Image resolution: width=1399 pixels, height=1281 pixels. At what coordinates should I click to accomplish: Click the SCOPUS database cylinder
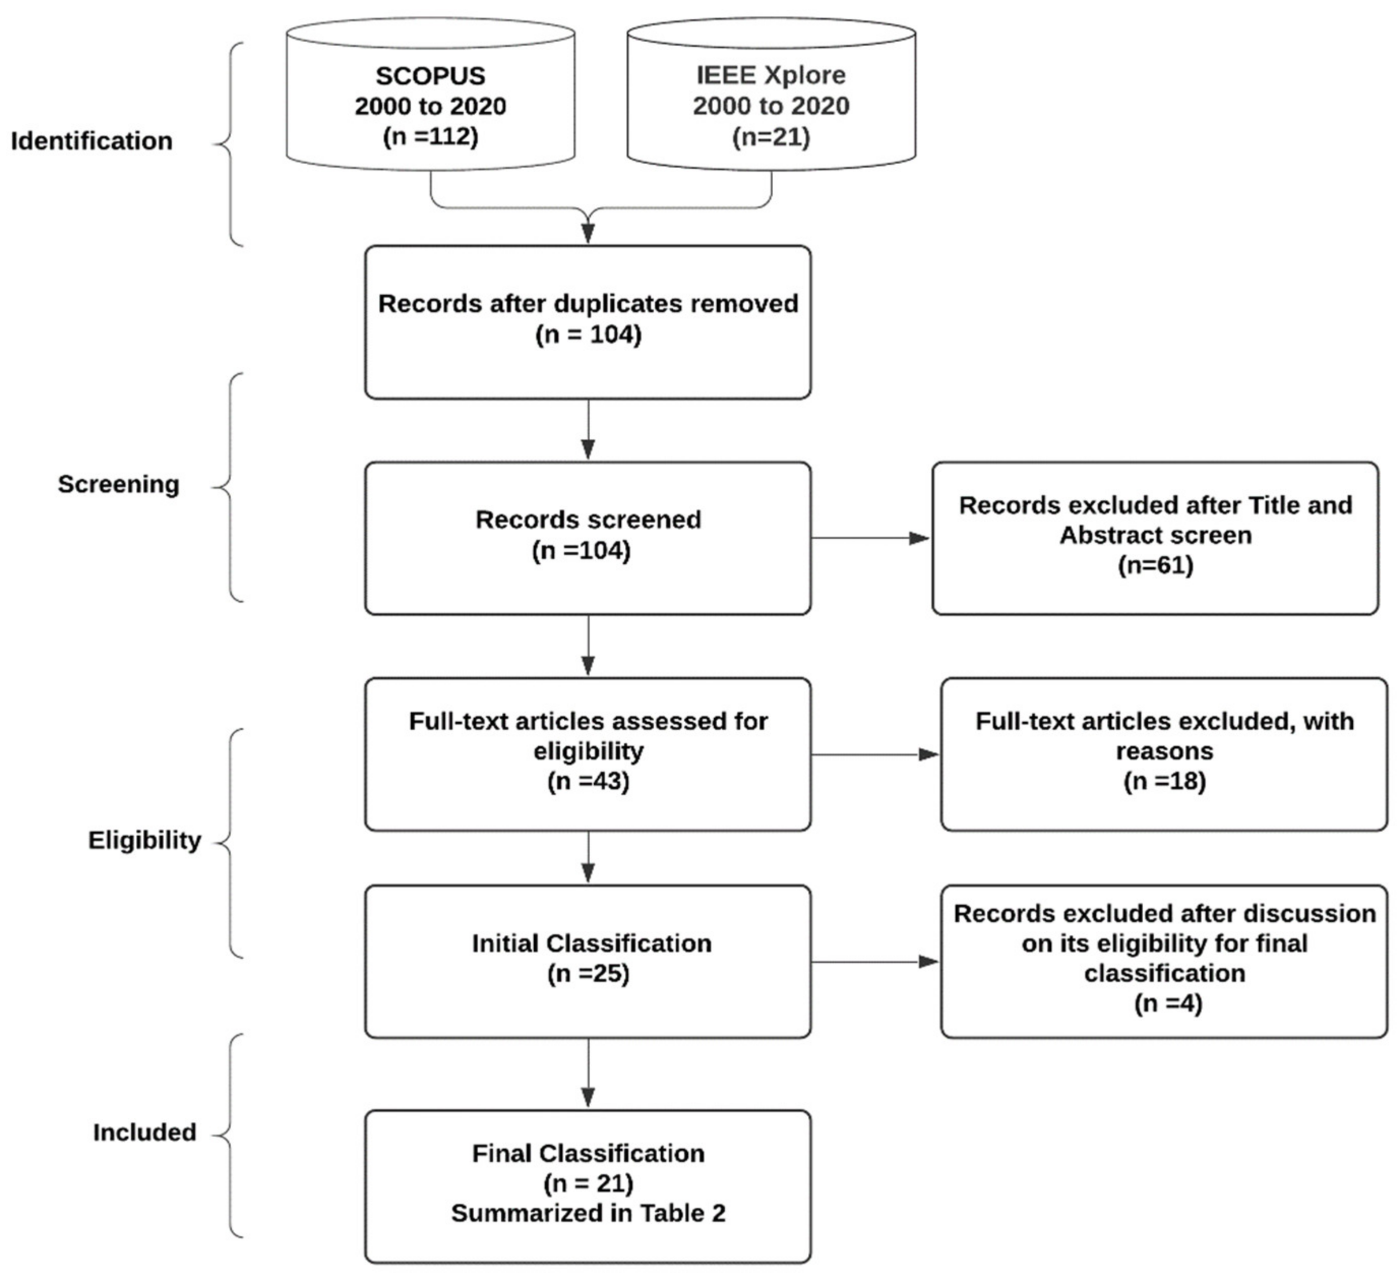[x=430, y=97]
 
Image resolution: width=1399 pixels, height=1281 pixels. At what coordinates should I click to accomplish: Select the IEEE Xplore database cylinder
[x=771, y=97]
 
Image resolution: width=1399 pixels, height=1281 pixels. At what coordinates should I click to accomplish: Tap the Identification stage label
[x=92, y=141]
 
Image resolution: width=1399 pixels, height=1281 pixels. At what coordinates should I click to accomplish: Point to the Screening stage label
[x=118, y=484]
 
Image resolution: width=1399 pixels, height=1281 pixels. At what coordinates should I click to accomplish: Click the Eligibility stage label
[x=144, y=840]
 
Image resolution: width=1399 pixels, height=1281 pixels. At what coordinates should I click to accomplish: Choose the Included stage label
[x=144, y=1133]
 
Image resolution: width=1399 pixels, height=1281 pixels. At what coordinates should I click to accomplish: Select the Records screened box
[x=588, y=538]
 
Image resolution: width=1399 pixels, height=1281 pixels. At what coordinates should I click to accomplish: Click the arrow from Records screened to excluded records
[x=871, y=538]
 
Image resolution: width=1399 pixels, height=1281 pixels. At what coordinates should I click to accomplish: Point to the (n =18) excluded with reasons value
[x=1165, y=781]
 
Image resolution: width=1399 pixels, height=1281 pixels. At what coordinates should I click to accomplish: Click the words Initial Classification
[x=591, y=944]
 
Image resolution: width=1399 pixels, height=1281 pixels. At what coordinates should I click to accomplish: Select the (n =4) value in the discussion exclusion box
[x=1168, y=1003]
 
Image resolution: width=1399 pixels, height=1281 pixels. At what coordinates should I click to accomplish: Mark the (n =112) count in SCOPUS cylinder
[x=430, y=136]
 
